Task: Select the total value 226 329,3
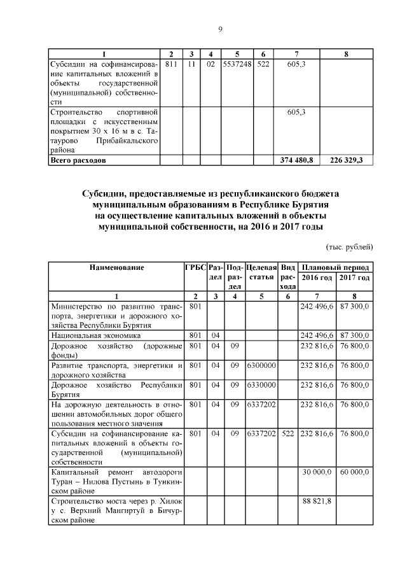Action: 346,160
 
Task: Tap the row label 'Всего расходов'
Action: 78,160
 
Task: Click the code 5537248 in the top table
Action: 237,65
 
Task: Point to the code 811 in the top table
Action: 170,65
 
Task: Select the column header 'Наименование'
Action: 116,268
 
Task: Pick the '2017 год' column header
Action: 354,278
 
